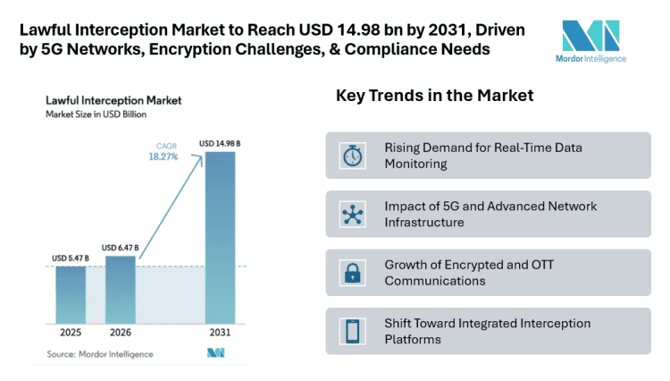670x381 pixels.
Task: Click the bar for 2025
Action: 71,294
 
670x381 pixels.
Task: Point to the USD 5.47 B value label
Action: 68,259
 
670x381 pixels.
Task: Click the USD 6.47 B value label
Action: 120,248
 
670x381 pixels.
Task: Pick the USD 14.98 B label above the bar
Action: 219,143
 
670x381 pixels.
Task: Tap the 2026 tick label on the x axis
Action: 121,333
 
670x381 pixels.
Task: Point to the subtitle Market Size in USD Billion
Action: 97,115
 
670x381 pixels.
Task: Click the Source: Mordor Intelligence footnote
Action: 100,354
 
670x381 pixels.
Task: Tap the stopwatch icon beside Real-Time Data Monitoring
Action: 352,156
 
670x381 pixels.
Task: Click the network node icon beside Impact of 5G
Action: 352,214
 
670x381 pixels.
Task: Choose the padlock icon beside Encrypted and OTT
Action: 352,273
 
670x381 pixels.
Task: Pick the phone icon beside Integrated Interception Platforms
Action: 352,331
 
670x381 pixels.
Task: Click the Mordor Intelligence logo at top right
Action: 594,40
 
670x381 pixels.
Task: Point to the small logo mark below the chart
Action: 215,354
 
